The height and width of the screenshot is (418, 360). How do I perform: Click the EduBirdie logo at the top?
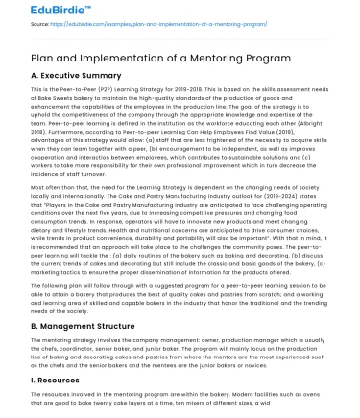(34, 10)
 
